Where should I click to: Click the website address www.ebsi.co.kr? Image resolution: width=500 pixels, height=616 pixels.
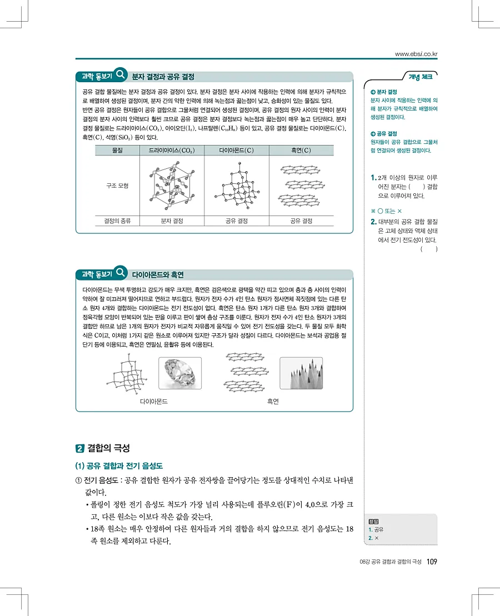[x=416, y=54]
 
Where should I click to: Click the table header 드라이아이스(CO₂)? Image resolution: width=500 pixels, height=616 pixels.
[x=172, y=150]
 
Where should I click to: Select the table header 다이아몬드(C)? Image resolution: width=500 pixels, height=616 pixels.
[x=236, y=150]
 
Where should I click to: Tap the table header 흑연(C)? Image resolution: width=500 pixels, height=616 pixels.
[x=301, y=150]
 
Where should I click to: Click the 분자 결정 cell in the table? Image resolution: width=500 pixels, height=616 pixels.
[x=172, y=221]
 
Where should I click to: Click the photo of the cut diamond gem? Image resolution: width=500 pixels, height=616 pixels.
[x=179, y=374]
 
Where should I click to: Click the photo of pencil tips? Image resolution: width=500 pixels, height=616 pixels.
[x=301, y=374]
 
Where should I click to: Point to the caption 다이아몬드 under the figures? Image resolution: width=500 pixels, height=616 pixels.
[x=154, y=400]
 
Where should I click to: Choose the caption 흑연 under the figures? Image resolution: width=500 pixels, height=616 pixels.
[x=273, y=400]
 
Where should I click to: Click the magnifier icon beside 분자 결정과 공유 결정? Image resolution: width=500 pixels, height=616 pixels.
[x=121, y=74]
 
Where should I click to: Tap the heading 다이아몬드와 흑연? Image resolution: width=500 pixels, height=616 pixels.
[x=158, y=274]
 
